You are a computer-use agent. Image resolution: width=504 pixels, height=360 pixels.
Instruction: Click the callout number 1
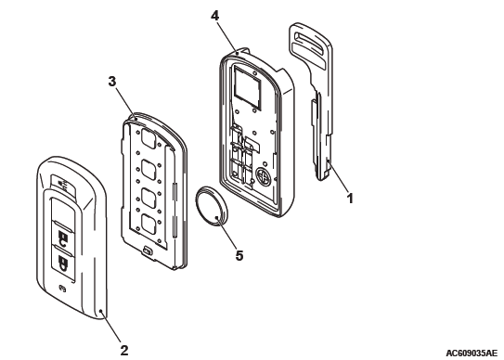pyautogui.click(x=350, y=198)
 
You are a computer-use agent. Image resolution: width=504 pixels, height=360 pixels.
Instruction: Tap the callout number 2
pyautogui.click(x=124, y=350)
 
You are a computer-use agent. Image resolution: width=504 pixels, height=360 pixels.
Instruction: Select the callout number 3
pyautogui.click(x=111, y=82)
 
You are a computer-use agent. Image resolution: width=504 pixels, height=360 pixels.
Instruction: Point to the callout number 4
pyautogui.click(x=215, y=16)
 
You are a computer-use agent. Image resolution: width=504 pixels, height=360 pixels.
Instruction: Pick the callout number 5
pyautogui.click(x=239, y=256)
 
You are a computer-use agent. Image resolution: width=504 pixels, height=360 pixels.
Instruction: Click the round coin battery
pyautogui.click(x=211, y=207)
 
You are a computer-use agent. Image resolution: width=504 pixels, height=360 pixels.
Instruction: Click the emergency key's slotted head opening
pyautogui.click(x=308, y=41)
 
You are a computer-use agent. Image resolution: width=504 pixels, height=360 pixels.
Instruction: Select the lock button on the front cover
pyautogui.click(x=62, y=238)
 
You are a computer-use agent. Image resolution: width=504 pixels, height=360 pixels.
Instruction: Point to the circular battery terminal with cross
pyautogui.click(x=264, y=176)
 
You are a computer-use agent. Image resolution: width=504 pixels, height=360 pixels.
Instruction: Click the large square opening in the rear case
pyautogui.click(x=247, y=86)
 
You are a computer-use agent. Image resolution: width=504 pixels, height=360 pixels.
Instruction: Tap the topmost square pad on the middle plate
pyautogui.click(x=149, y=139)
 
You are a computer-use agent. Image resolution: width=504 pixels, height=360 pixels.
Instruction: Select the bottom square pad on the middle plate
pyautogui.click(x=149, y=225)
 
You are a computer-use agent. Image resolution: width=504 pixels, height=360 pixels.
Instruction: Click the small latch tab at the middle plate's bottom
pyautogui.click(x=148, y=251)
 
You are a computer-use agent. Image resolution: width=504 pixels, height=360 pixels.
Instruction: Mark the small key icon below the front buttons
pyautogui.click(x=62, y=289)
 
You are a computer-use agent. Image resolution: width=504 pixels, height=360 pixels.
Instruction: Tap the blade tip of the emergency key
pyautogui.click(x=323, y=175)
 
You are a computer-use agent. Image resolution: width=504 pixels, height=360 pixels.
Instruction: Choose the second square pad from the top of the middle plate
pyautogui.click(x=149, y=170)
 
